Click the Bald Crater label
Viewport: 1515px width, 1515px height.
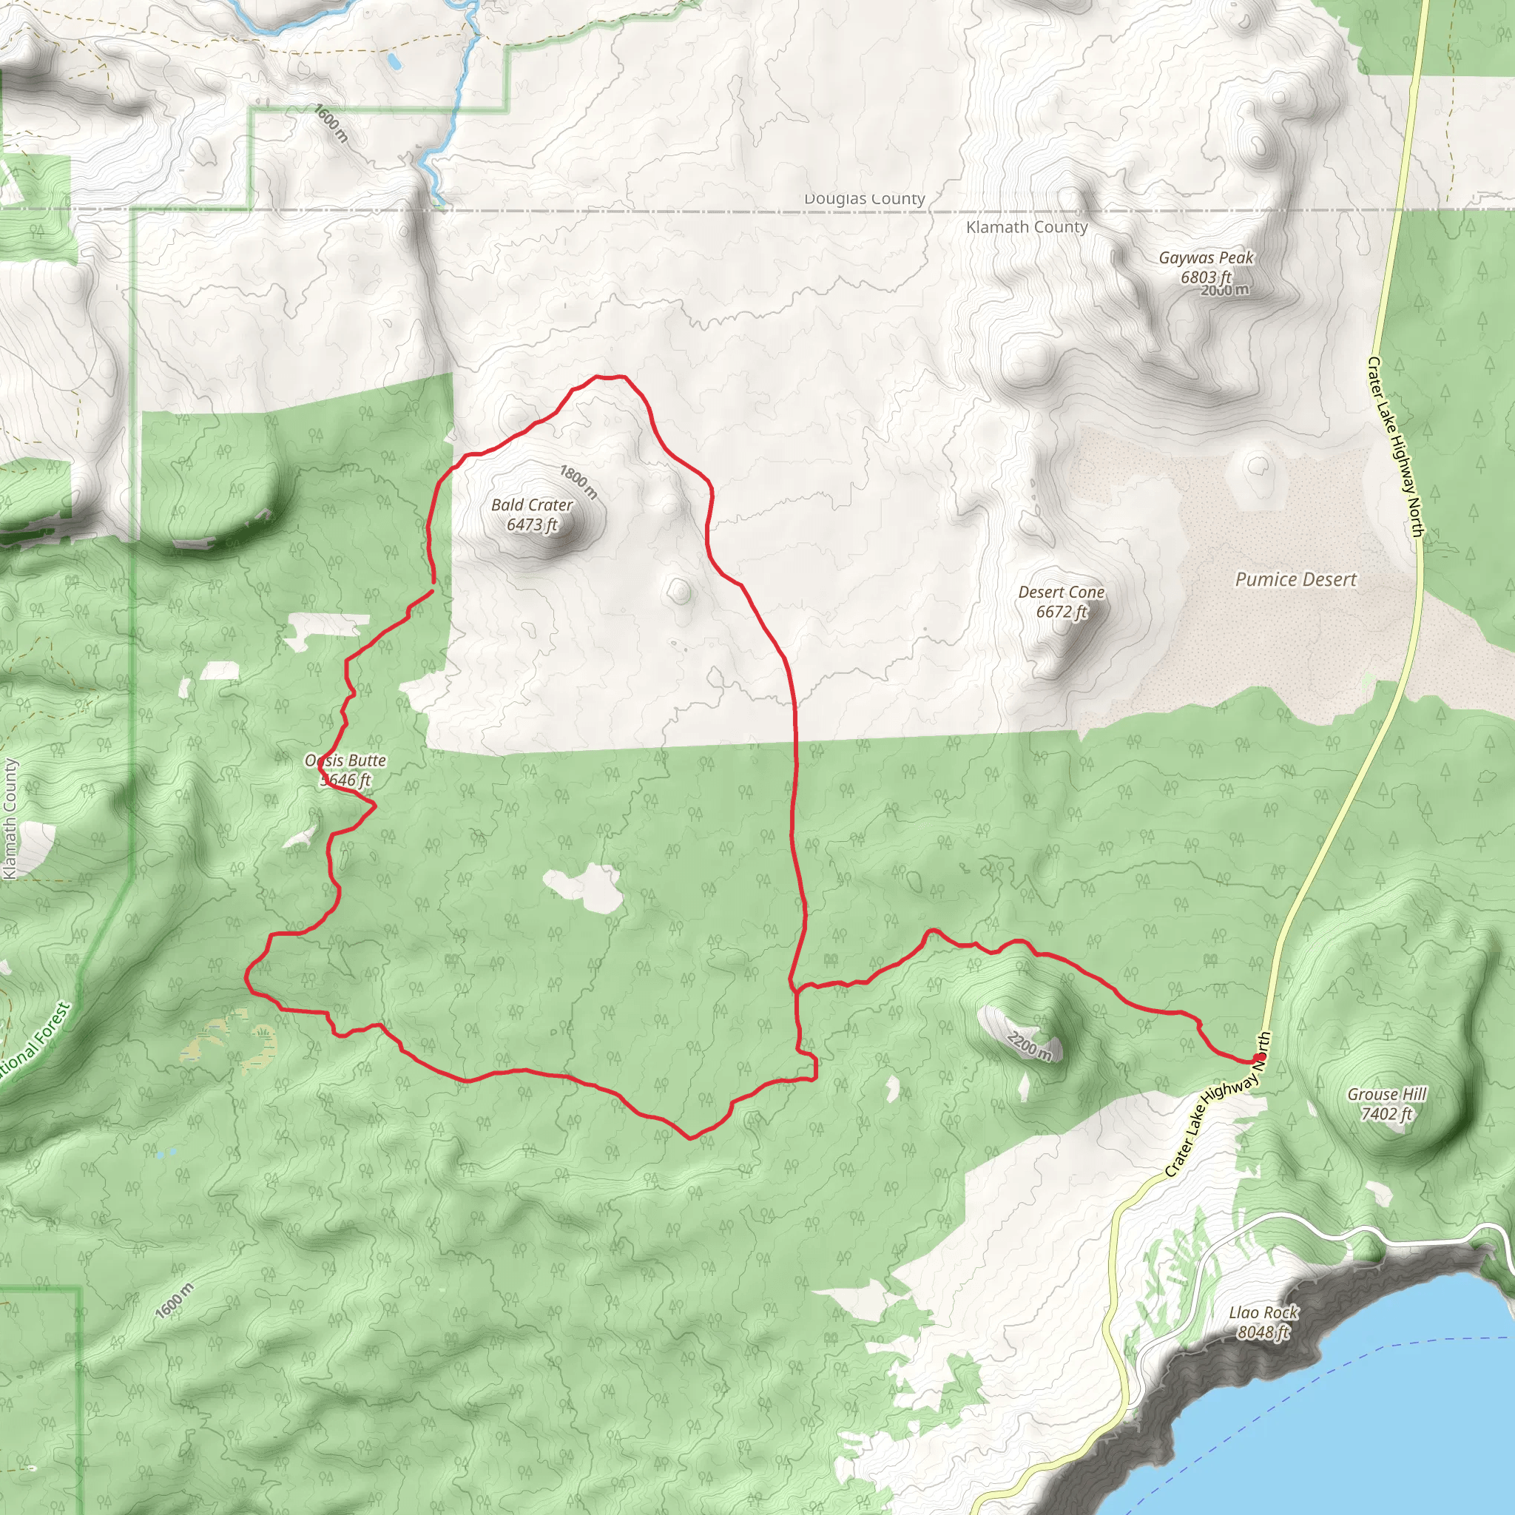[532, 505]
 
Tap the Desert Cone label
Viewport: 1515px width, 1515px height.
[1061, 592]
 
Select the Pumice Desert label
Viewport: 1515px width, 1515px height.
[1295, 579]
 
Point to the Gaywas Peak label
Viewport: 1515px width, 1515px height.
[1206, 257]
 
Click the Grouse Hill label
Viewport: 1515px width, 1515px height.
[1386, 1094]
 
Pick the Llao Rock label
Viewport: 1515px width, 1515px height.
[1263, 1312]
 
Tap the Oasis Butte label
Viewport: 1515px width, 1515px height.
[345, 760]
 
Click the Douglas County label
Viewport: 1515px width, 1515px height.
[864, 198]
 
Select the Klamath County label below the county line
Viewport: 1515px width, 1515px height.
[1027, 227]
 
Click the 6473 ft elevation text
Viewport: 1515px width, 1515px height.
[532, 524]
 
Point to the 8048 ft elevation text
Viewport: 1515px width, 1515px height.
[1263, 1332]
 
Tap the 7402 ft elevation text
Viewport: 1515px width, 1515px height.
[1386, 1113]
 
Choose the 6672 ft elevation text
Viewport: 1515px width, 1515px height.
[1061, 612]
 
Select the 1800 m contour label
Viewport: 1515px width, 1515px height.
[578, 482]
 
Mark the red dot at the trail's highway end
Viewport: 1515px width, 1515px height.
[1260, 1057]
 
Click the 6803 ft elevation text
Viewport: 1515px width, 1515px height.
[1205, 277]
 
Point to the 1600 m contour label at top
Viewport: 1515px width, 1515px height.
[330, 123]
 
